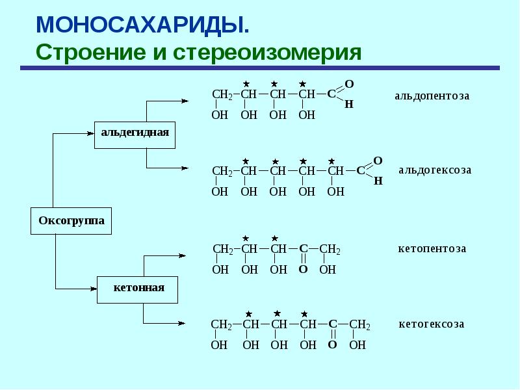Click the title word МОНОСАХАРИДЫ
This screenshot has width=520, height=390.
point(142,25)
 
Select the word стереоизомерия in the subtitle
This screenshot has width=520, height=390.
point(267,53)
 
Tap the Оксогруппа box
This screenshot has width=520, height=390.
point(71,221)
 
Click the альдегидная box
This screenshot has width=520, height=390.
point(135,135)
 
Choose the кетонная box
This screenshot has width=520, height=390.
point(137,290)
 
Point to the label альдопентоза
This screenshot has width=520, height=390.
point(432,96)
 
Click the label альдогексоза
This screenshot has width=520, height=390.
point(435,170)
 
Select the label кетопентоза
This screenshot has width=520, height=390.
point(432,248)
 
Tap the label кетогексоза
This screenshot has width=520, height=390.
point(431,324)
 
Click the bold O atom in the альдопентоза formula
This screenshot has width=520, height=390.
point(349,84)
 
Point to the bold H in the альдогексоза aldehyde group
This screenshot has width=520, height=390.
point(378,181)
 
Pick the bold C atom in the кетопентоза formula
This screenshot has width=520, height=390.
point(303,248)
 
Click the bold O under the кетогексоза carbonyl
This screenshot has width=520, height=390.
point(332,345)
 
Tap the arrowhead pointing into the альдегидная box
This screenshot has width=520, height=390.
point(90,134)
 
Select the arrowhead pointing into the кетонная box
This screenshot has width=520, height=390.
point(94,289)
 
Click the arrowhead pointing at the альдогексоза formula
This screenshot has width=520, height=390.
point(185,168)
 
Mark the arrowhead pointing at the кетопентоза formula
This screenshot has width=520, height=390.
point(182,255)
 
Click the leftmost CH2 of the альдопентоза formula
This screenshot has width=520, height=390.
point(223,94)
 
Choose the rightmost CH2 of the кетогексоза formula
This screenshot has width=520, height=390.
point(359,324)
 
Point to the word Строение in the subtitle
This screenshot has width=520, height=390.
point(90,53)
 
